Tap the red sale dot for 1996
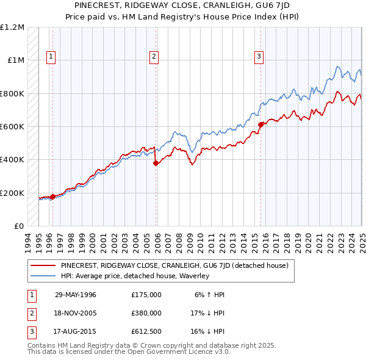pos(52,196)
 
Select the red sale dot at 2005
pos(156,163)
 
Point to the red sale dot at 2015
pos(261,124)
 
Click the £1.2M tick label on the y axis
pos(12,27)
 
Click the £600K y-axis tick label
pos(12,127)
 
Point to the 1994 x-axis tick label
pos(28,242)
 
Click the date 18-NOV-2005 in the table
pos(76,313)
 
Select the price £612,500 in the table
pos(146,331)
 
